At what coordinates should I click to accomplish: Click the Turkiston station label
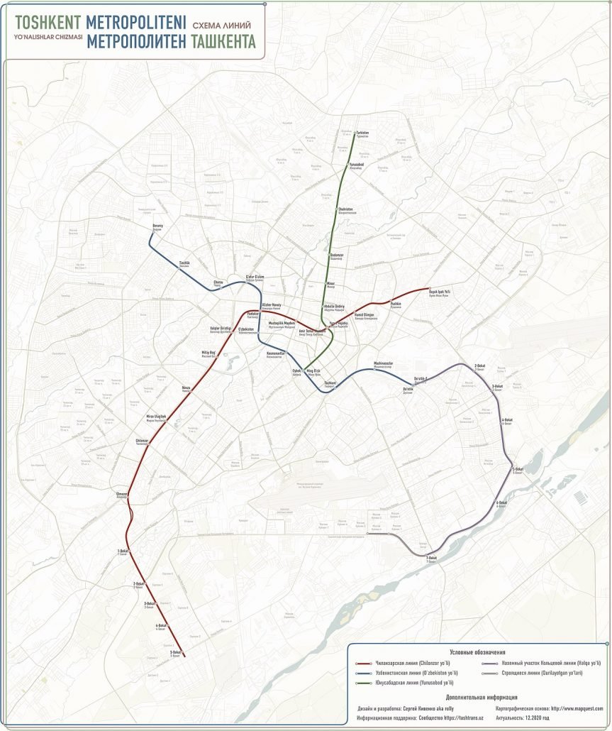click(362, 133)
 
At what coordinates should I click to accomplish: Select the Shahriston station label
click(345, 210)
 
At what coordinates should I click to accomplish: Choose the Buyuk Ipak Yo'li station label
click(440, 292)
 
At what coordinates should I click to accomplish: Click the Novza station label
click(187, 388)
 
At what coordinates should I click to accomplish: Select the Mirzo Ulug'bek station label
click(156, 417)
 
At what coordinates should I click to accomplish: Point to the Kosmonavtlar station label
click(255, 353)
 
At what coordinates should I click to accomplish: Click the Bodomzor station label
click(336, 255)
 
